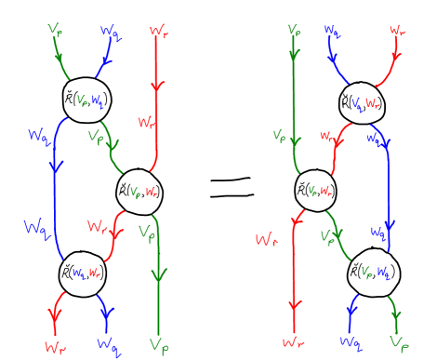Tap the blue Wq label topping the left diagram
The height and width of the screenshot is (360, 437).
click(110, 33)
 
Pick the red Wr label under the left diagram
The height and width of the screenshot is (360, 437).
click(55, 345)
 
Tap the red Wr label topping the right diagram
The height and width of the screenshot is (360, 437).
click(398, 32)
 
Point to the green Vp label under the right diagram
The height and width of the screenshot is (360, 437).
click(398, 344)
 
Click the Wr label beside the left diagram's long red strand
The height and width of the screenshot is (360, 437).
click(146, 122)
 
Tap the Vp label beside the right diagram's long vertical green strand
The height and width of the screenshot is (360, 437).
click(279, 137)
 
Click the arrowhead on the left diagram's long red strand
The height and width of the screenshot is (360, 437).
click(156, 87)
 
